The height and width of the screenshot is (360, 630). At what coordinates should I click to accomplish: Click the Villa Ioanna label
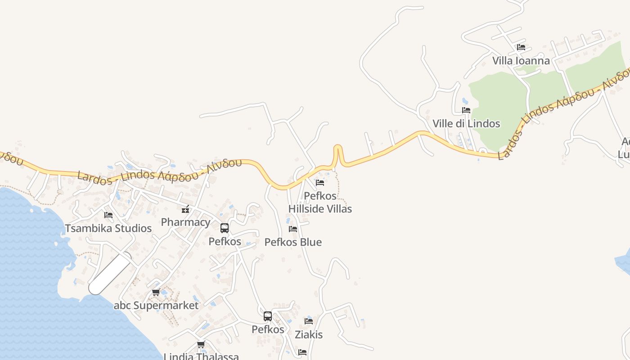(x=521, y=61)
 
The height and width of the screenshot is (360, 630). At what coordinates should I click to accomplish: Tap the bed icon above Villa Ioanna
(x=521, y=47)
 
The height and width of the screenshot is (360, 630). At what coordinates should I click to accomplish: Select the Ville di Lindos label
(x=466, y=124)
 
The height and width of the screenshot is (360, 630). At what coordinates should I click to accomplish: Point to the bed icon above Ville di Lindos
(x=466, y=110)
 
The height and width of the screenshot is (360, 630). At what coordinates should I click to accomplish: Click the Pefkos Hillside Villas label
(x=320, y=202)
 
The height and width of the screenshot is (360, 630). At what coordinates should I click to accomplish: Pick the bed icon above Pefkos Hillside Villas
(x=320, y=182)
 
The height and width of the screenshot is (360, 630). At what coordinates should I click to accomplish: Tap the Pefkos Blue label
(x=293, y=242)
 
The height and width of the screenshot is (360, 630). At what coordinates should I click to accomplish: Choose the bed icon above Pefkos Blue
(x=293, y=229)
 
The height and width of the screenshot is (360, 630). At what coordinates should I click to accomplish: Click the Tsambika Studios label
(x=108, y=228)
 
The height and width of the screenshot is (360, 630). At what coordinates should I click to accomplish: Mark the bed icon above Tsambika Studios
(x=108, y=215)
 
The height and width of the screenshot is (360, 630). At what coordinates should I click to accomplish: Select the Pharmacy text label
(x=185, y=222)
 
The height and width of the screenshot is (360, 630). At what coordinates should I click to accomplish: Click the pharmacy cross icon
(x=185, y=209)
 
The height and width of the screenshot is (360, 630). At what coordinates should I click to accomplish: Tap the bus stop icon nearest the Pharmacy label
(x=225, y=228)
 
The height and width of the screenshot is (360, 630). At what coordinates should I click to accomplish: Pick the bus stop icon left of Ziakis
(x=268, y=316)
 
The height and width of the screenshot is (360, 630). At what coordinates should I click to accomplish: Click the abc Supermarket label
(x=156, y=306)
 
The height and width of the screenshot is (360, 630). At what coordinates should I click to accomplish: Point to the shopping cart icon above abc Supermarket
(x=156, y=292)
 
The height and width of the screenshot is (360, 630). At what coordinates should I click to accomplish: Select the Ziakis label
(x=309, y=335)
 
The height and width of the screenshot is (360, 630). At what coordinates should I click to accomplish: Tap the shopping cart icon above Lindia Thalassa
(x=201, y=345)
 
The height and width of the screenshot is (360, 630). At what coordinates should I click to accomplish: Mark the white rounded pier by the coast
(x=110, y=274)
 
